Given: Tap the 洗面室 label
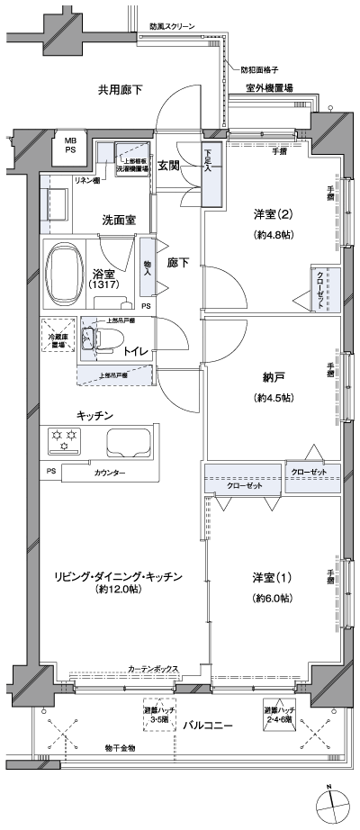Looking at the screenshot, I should [118, 219].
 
